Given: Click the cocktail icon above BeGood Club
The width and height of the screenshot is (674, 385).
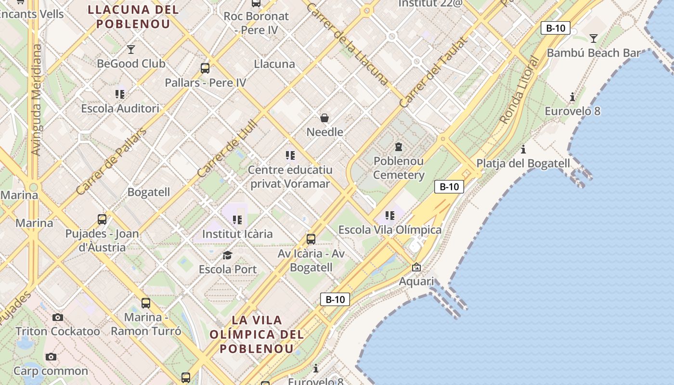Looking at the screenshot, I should (130, 49).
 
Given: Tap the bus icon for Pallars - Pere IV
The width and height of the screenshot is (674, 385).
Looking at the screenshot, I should (205, 68).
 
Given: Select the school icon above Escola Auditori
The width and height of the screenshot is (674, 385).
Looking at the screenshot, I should (120, 94).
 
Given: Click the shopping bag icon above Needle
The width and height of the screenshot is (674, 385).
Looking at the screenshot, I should (324, 118).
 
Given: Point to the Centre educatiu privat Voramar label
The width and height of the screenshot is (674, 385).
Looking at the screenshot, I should (290, 177).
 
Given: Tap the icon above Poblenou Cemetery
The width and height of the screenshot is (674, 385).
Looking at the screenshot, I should (399, 146).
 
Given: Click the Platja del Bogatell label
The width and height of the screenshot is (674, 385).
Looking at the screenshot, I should (523, 163).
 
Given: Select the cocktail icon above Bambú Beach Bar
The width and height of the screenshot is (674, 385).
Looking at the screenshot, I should (593, 38).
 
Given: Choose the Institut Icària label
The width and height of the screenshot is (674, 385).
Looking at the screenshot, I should (237, 234).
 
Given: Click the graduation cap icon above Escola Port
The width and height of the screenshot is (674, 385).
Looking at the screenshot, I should (228, 255).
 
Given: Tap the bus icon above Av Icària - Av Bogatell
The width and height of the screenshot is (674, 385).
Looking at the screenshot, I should (311, 239).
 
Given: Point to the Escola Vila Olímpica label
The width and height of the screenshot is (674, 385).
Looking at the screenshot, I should (390, 230).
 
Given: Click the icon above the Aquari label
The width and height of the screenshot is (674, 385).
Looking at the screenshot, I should (416, 267).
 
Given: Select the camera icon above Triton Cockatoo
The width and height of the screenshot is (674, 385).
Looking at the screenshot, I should (58, 317).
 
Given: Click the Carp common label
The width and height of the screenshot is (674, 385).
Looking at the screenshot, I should (51, 371).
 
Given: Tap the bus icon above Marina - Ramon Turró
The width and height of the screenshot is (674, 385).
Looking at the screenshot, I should (146, 303).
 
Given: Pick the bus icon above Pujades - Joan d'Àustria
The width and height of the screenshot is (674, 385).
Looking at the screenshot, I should (102, 219).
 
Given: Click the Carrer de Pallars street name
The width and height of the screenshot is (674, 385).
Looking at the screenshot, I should (111, 161).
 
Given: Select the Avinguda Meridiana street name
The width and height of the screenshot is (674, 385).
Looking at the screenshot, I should (37, 100).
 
